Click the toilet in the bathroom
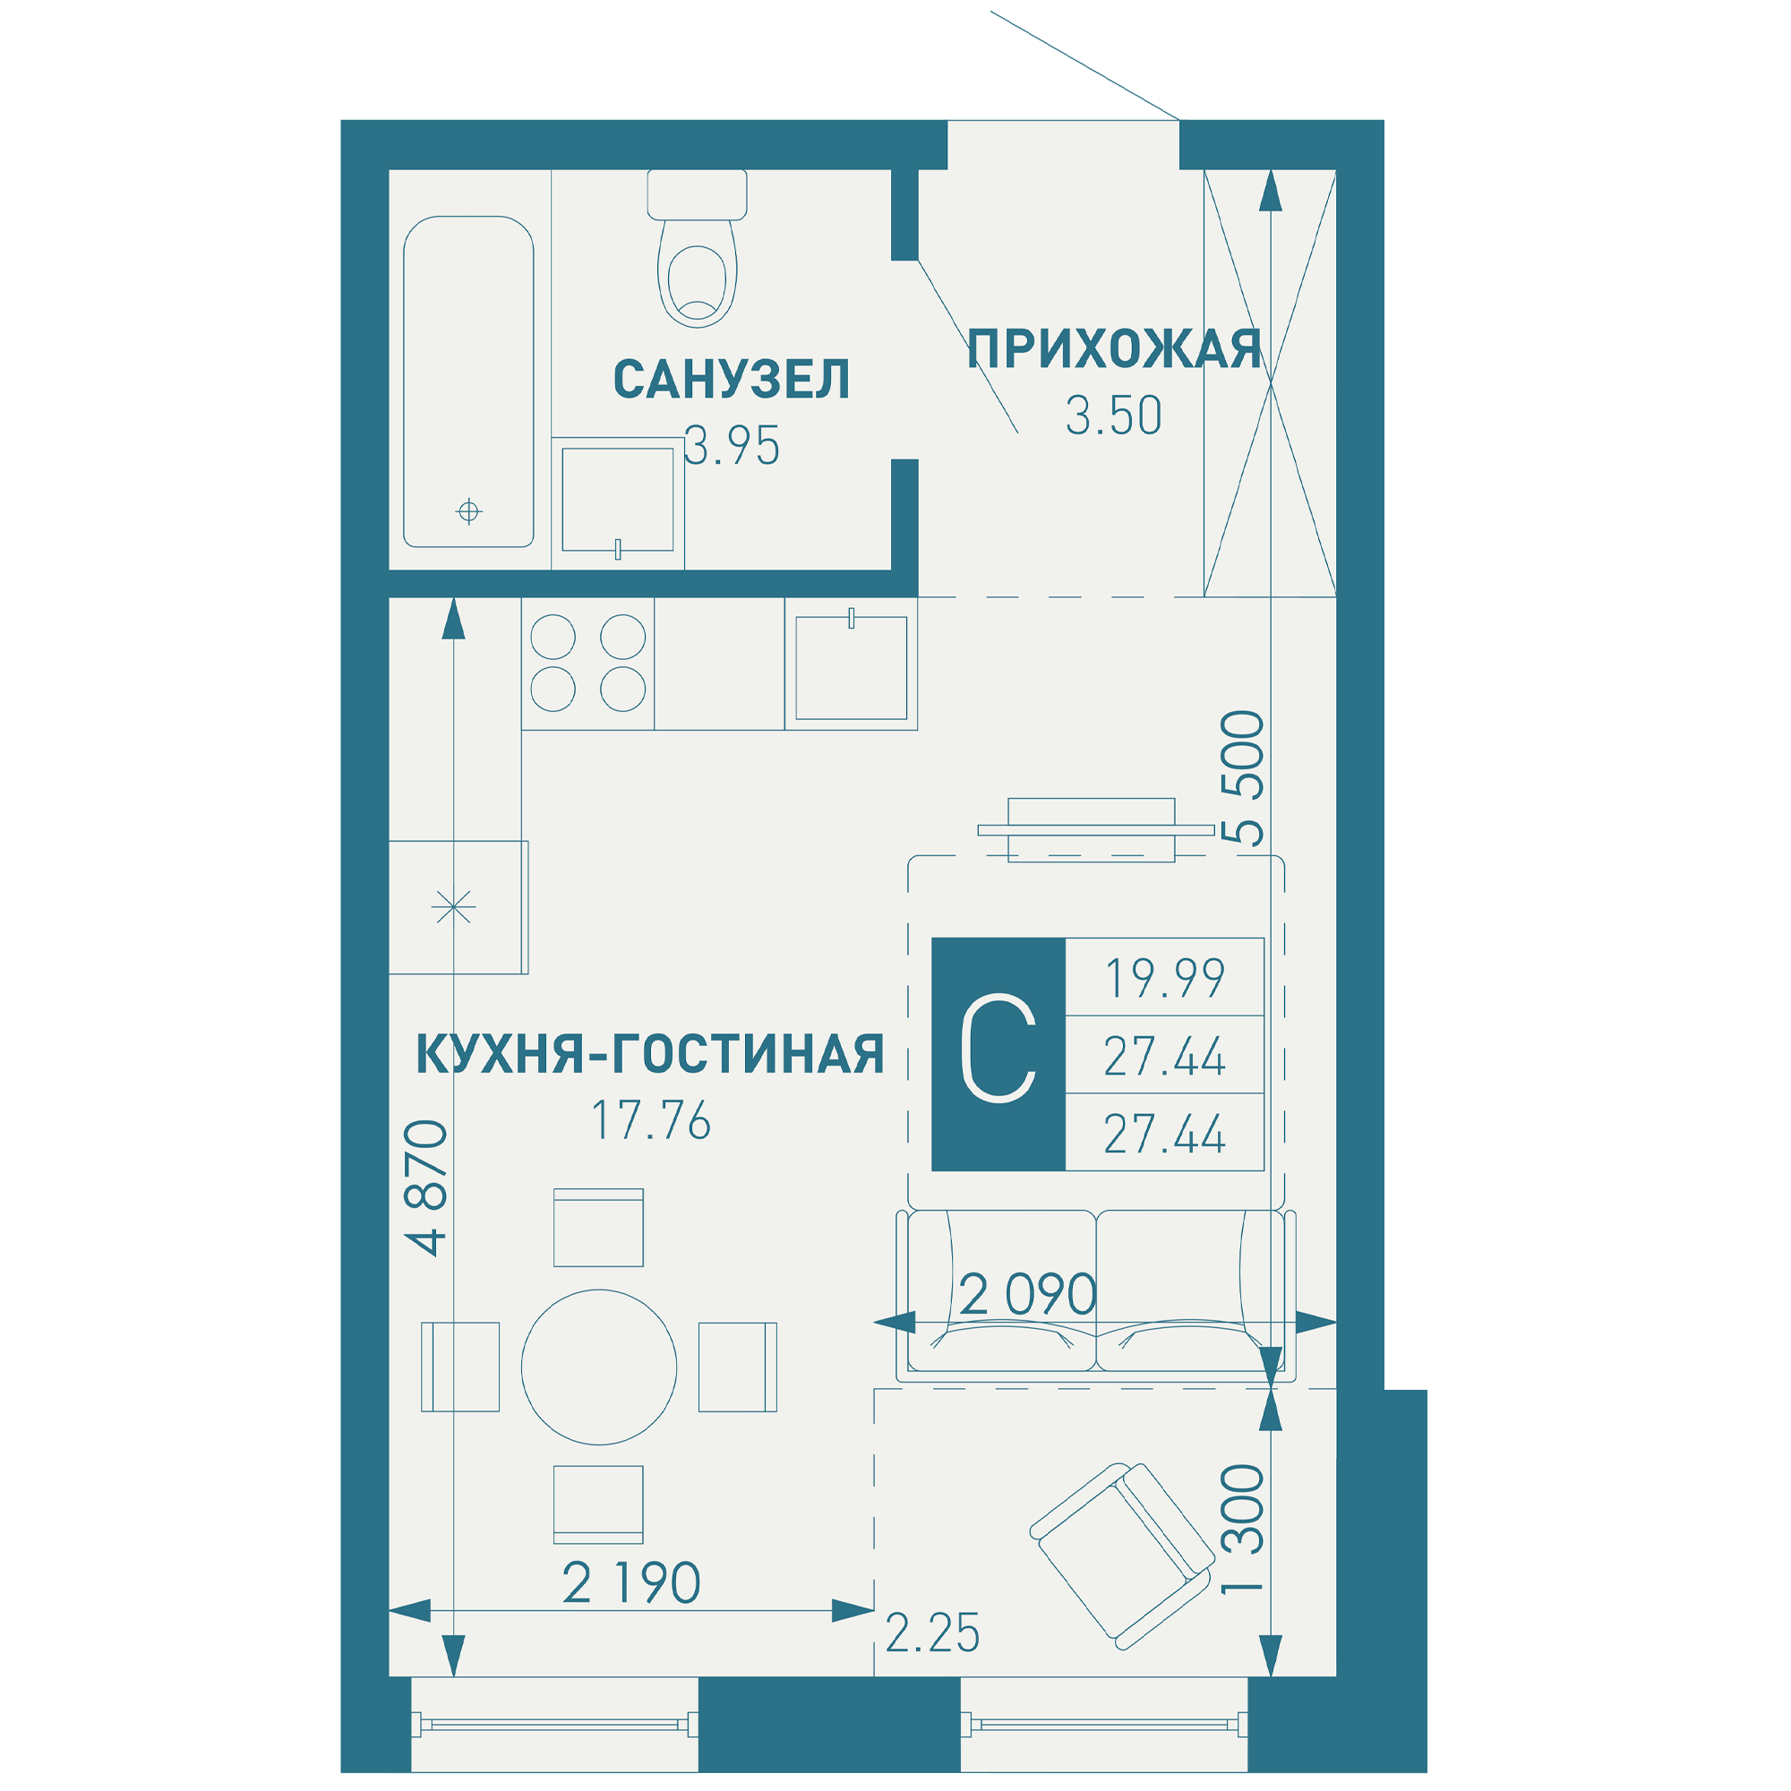(x=696, y=248)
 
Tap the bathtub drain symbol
(x=469, y=510)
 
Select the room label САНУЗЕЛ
(x=732, y=379)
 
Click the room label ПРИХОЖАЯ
(x=1113, y=349)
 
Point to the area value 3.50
(x=1113, y=416)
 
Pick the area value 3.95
(x=732, y=446)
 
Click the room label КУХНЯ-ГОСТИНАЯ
(x=650, y=1054)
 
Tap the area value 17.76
(x=651, y=1120)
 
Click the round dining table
(x=599, y=1367)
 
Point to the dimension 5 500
(x=1242, y=778)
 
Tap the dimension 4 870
(x=425, y=1187)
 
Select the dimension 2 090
(x=1028, y=1294)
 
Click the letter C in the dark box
(x=998, y=1049)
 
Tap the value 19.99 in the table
(x=1165, y=978)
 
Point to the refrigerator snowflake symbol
(x=453, y=905)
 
